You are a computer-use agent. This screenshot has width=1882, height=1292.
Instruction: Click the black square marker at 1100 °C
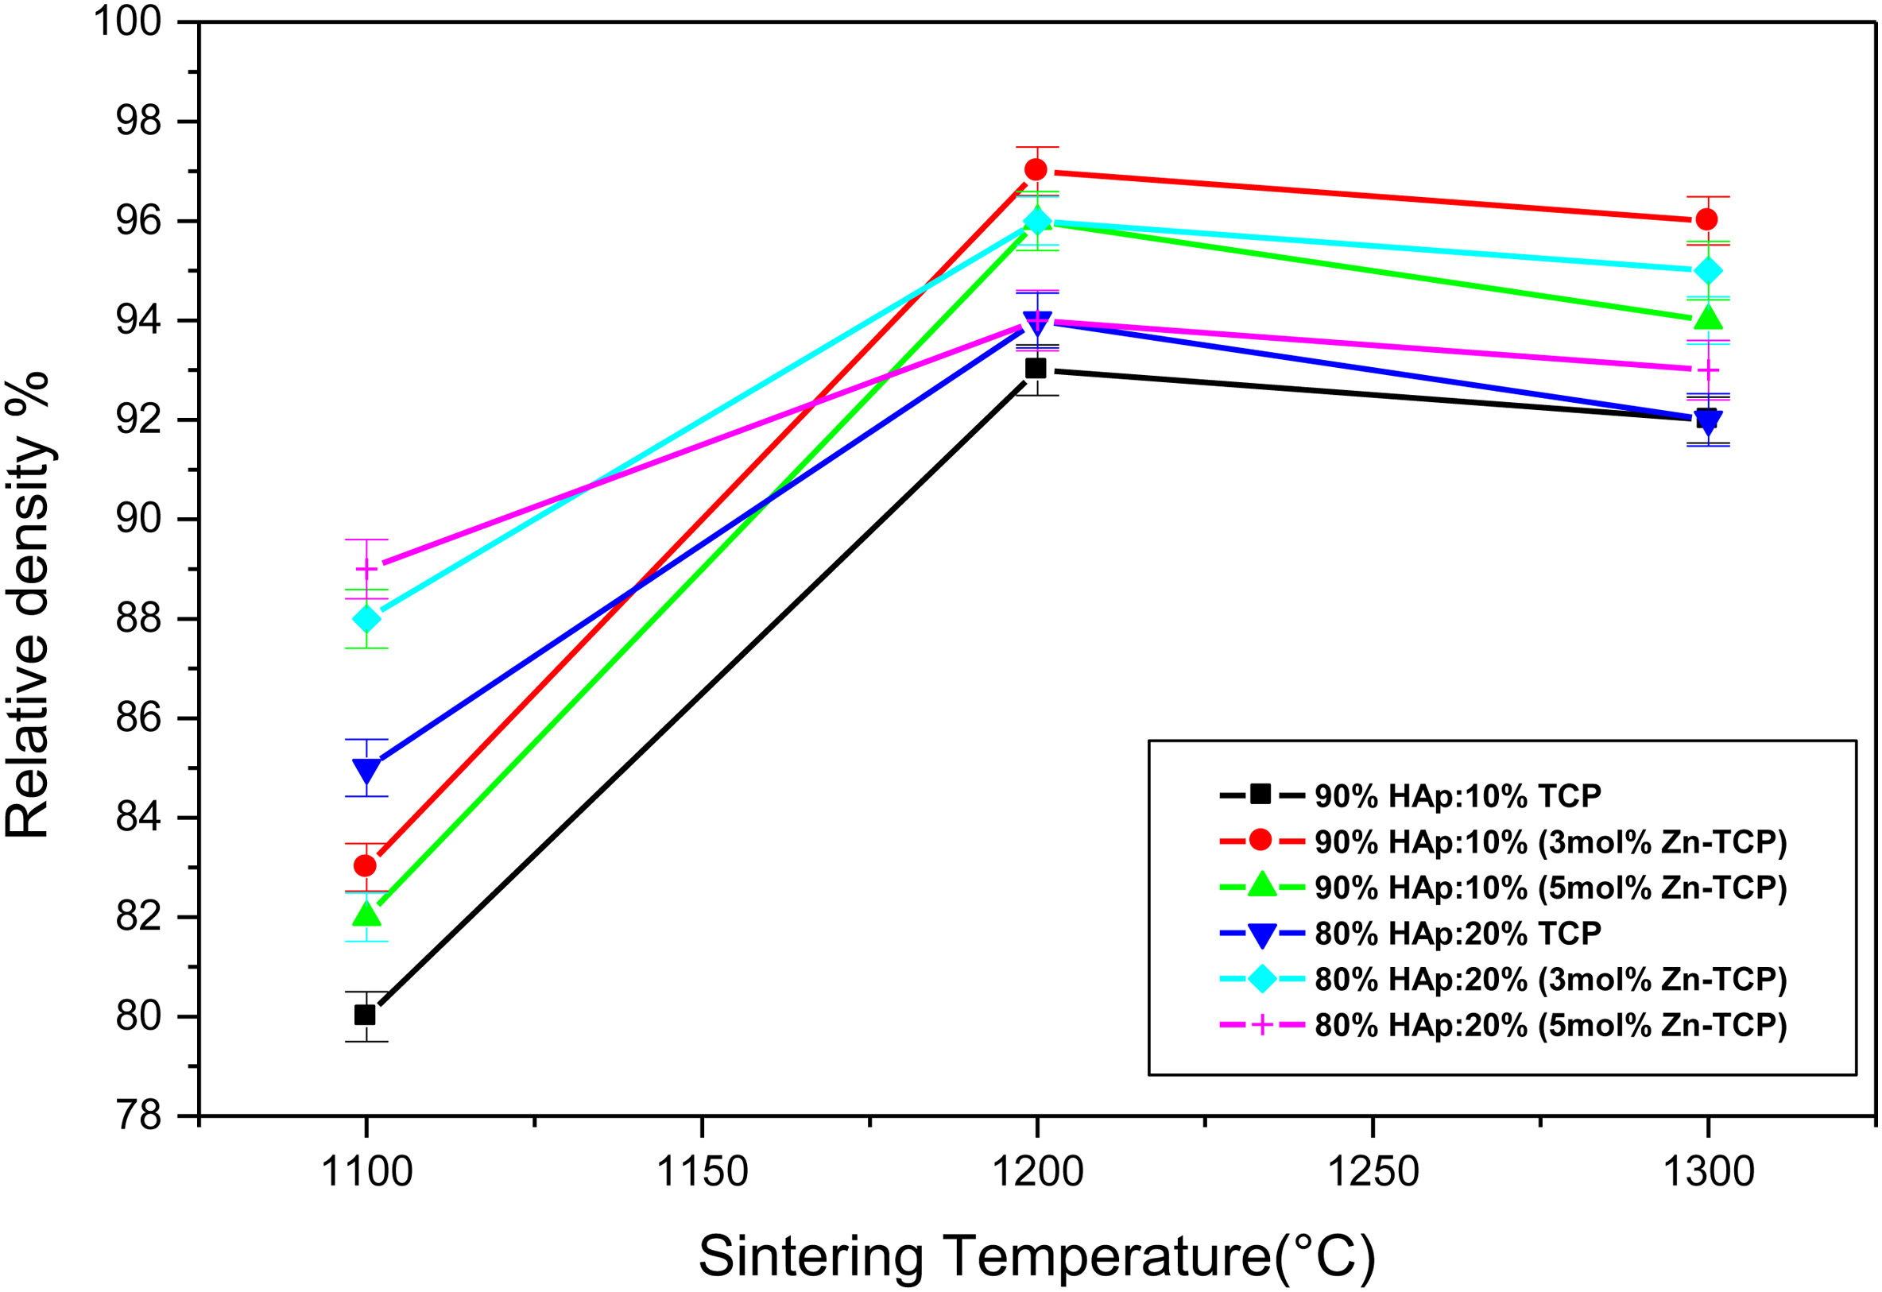[x=366, y=1015]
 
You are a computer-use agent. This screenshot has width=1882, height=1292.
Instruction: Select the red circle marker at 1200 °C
[x=1036, y=169]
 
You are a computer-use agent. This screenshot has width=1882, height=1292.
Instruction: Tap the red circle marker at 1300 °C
[x=1707, y=219]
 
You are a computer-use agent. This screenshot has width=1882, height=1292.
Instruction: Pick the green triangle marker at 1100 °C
[x=367, y=913]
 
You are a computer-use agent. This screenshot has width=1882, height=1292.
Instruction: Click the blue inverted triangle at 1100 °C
[x=367, y=770]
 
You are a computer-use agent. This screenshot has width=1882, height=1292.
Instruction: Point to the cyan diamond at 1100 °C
[x=367, y=618]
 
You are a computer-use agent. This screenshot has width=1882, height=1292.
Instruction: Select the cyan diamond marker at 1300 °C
[x=1708, y=270]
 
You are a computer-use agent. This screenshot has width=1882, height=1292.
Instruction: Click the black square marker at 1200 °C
[x=1036, y=369]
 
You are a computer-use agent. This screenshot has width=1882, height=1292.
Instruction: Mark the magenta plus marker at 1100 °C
[x=367, y=569]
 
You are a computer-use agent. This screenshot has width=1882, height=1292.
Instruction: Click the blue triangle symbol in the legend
[x=1261, y=935]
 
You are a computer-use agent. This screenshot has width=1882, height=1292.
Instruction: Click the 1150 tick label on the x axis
[x=701, y=1171]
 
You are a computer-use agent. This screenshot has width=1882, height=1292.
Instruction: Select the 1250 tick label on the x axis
[x=1373, y=1171]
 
